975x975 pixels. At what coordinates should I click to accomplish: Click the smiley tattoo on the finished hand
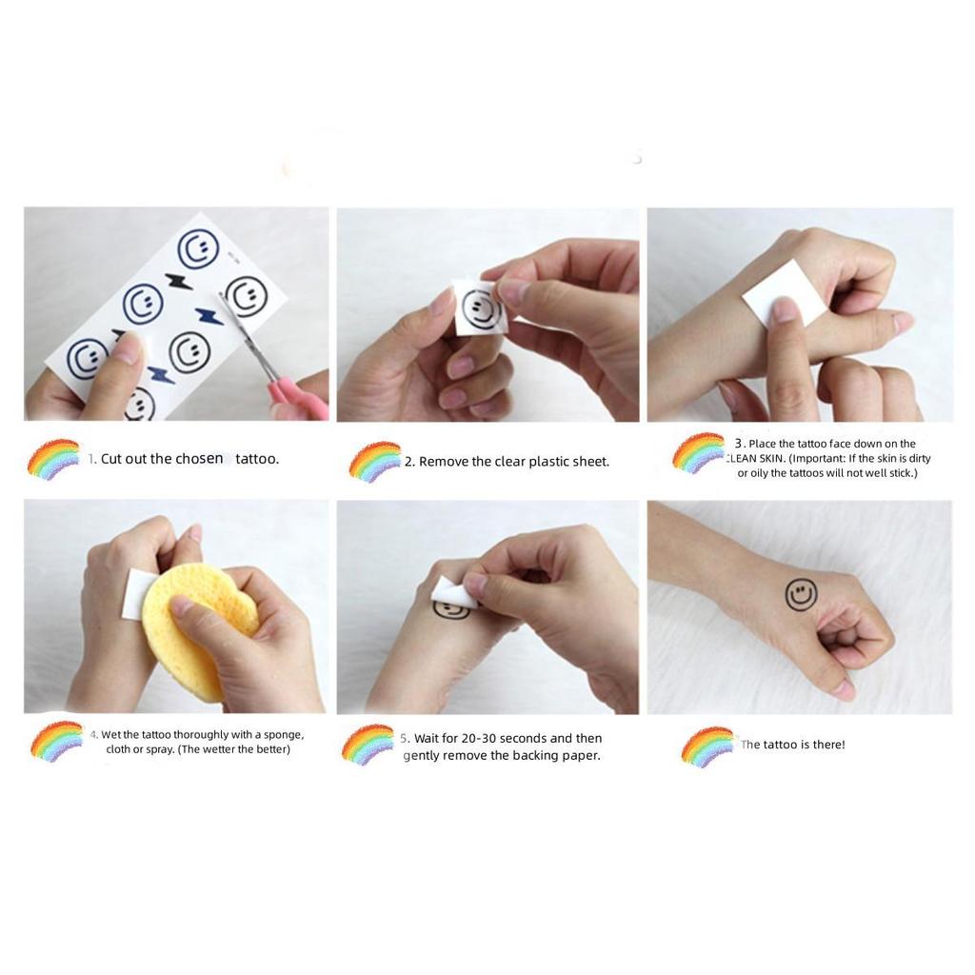[801, 595]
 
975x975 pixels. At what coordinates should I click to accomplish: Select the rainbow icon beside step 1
[53, 458]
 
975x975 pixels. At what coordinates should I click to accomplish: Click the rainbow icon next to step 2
[374, 462]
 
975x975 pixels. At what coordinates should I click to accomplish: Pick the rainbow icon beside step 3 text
[698, 452]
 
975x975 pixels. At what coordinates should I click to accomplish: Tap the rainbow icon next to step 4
[56, 741]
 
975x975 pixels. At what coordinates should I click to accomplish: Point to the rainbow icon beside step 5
[368, 745]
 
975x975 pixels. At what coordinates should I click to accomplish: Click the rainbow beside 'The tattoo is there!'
[707, 746]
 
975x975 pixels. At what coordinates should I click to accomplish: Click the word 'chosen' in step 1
[199, 459]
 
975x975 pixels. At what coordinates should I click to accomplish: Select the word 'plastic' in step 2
[546, 462]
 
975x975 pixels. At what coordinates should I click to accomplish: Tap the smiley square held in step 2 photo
[480, 308]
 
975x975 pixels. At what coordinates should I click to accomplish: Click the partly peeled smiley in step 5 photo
[451, 607]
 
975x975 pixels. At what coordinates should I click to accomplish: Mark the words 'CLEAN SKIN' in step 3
[755, 459]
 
